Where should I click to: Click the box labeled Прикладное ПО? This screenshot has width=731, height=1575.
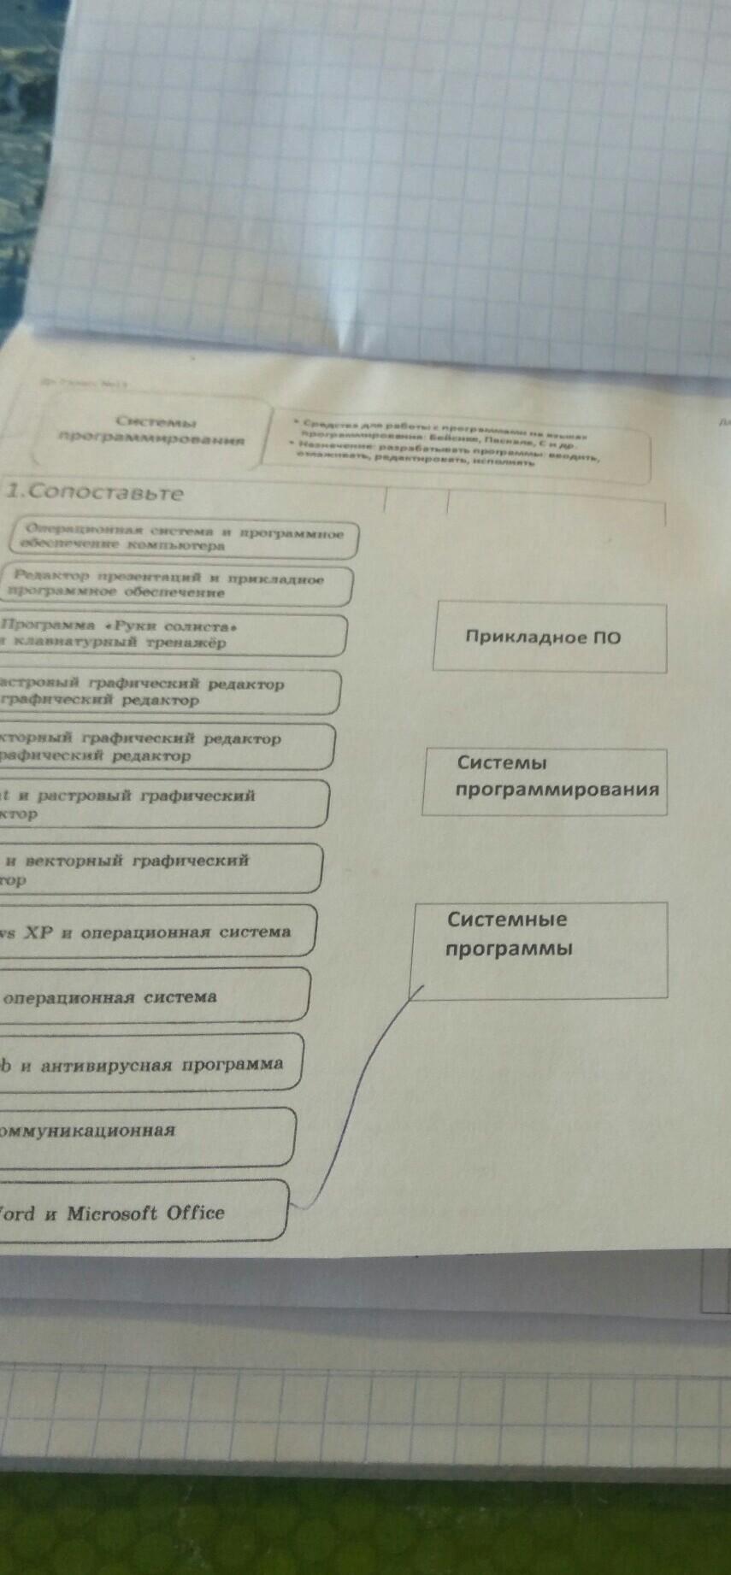(549, 638)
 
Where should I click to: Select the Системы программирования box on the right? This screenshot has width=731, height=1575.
(544, 782)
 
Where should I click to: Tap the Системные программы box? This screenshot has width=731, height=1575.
(539, 949)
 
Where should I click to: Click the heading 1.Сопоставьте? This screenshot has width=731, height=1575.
(96, 493)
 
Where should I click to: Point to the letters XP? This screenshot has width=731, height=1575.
(37, 932)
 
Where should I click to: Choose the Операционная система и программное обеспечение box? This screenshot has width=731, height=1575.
(184, 538)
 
